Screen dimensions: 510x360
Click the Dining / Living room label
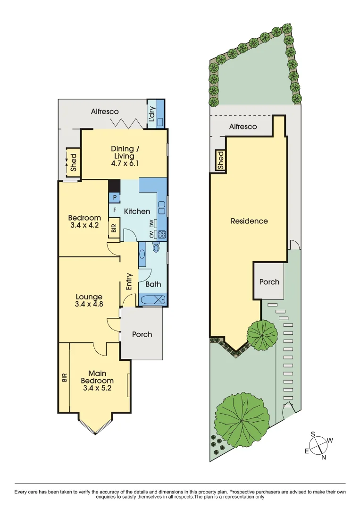point(125,153)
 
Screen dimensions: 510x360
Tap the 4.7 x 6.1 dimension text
point(125,163)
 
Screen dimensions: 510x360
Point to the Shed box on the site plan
point(220,161)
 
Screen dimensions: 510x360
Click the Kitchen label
point(137,212)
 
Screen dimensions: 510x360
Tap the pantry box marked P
point(114,198)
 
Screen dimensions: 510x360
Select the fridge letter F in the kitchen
point(114,209)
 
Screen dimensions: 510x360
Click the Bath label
point(153,284)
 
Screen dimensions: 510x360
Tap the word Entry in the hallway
point(129,282)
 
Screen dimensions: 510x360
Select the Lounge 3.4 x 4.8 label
point(89,301)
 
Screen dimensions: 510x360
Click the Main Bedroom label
point(97,377)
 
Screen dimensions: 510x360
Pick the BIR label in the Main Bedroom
point(64,377)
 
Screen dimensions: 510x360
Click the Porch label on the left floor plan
point(142,334)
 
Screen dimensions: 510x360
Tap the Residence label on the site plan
point(249,221)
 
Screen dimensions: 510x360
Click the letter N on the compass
point(323,457)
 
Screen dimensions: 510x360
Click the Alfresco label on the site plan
point(243,127)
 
